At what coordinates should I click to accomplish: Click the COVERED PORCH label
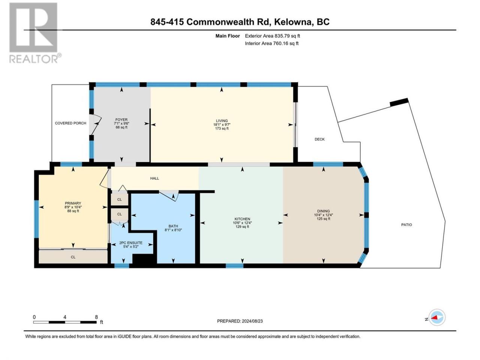[70, 123]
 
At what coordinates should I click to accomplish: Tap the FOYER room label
[121, 120]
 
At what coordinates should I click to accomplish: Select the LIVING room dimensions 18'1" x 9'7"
[222, 124]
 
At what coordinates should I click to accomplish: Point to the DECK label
[319, 139]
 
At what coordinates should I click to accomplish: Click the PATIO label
[406, 225]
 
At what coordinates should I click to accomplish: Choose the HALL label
[154, 178]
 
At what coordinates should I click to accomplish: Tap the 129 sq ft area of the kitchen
[242, 226]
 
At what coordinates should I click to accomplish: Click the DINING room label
[323, 211]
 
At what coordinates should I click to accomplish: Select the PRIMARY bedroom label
[73, 203]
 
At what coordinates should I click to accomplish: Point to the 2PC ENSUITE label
[131, 243]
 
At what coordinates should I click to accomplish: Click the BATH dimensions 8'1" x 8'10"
[173, 230]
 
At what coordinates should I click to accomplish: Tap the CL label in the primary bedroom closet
[73, 257]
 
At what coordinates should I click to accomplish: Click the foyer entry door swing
[96, 124]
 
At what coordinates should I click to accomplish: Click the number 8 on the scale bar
[96, 317]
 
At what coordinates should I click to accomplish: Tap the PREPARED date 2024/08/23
[252, 321]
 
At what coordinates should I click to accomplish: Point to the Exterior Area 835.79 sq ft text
[273, 36]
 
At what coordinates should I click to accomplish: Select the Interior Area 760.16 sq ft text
[271, 43]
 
